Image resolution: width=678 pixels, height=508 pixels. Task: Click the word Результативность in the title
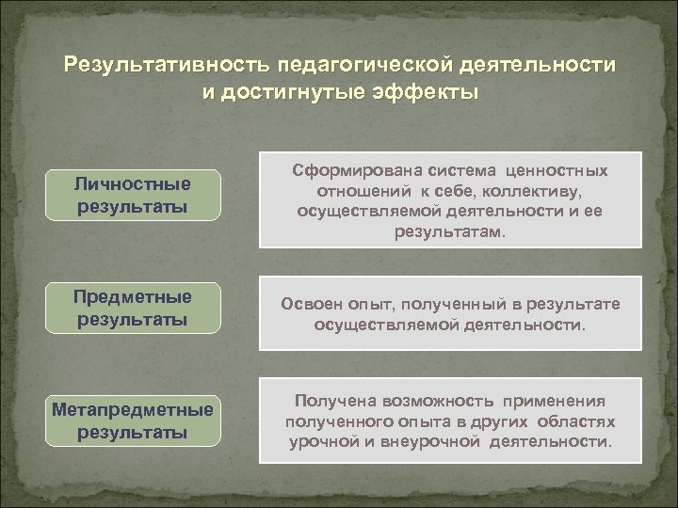pyautogui.click(x=164, y=68)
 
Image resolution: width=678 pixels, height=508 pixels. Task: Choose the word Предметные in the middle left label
pyautogui.click(x=133, y=297)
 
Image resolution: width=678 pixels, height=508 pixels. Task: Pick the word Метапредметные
pyautogui.click(x=133, y=411)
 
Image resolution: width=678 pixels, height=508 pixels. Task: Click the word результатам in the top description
pyautogui.click(x=449, y=230)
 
